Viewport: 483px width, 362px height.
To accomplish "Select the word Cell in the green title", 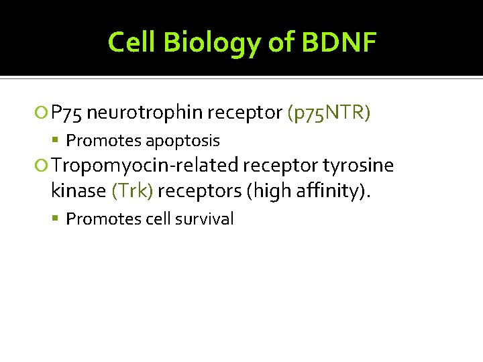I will click(133, 43).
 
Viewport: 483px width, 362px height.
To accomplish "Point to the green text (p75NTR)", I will click(328, 113).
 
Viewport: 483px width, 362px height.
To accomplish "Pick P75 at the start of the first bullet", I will click(66, 113).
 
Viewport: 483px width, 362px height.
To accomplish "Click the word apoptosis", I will click(182, 141).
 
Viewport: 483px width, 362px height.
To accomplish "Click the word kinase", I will click(78, 190).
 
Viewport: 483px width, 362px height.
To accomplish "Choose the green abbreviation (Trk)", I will click(133, 190).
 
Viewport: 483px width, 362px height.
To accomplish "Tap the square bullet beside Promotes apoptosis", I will click(59, 141).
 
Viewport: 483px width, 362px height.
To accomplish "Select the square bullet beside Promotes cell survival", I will click(59, 219).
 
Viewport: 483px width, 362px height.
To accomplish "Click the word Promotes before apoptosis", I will click(103, 141).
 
